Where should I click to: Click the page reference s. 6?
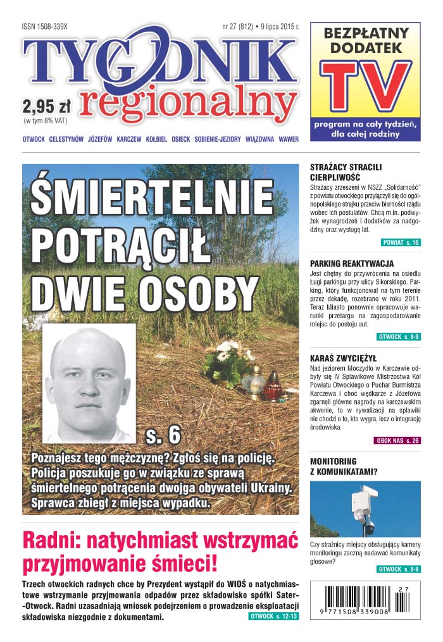click(163, 435)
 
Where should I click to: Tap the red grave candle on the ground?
click(273, 386)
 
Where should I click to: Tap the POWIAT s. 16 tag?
click(401, 242)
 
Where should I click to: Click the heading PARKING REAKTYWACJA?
click(352, 263)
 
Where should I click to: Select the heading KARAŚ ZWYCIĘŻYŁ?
click(343, 357)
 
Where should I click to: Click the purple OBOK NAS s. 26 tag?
click(397, 440)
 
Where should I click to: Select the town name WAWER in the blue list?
click(288, 139)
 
